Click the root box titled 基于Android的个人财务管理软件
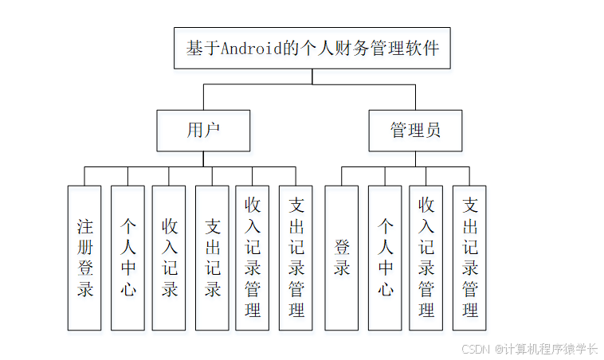312,49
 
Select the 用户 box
203,131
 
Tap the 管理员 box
415,131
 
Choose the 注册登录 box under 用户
84,257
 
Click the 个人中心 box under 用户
127,257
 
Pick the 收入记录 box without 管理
170,257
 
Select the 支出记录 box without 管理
213,257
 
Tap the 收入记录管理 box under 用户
253,257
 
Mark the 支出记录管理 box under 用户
296,257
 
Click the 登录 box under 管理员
342,257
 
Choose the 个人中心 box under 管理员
385,257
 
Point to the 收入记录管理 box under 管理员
426,257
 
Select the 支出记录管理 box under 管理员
469,257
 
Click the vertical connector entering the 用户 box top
203,98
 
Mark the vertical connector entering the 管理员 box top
415,98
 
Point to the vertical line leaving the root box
312,77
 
